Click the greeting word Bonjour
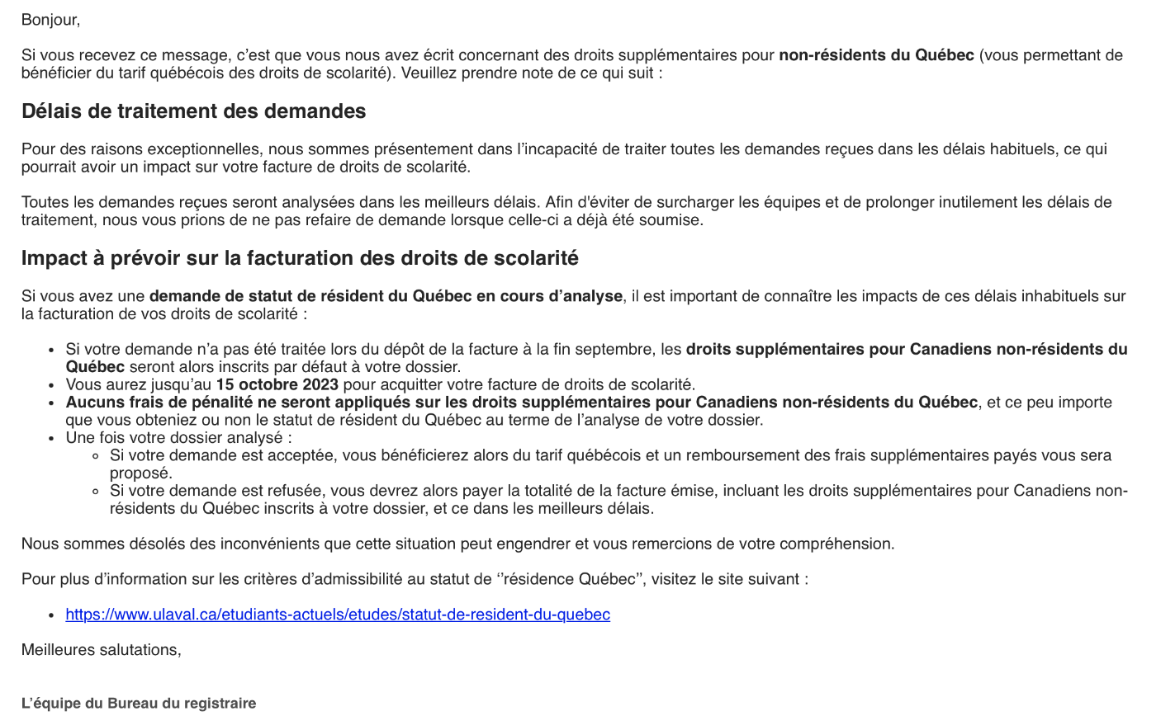tap(50, 20)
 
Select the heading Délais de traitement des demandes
tap(193, 111)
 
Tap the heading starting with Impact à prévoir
tap(300, 259)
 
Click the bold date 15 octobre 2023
tap(277, 385)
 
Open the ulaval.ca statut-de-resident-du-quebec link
tap(338, 615)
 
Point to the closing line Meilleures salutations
tap(101, 650)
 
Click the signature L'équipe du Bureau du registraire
tap(139, 704)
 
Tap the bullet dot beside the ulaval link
tap(52, 615)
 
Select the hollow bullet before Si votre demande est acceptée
tap(96, 456)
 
